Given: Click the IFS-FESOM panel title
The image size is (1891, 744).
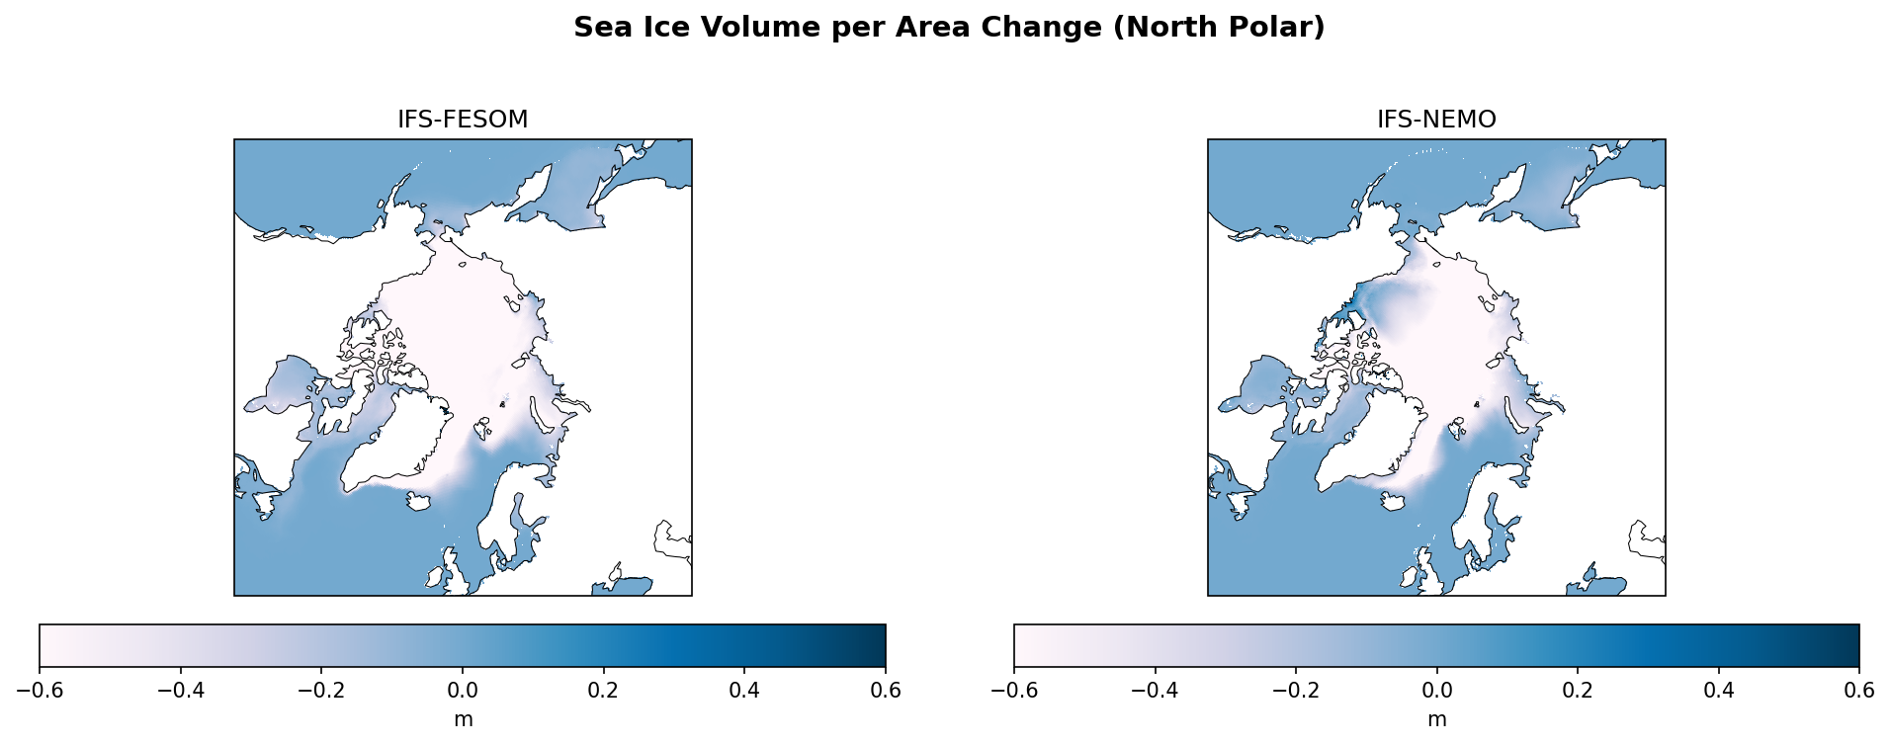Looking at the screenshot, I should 463,120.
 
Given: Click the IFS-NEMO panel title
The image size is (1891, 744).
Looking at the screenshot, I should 1436,120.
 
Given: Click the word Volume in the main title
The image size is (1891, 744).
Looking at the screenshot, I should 762,28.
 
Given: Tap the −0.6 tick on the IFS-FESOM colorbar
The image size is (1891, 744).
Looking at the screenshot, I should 40,690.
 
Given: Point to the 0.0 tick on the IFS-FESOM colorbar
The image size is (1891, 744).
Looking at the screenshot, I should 463,690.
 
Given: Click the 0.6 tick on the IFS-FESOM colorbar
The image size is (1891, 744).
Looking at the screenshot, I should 886,690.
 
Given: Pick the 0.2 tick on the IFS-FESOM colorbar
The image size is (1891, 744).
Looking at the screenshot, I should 604,690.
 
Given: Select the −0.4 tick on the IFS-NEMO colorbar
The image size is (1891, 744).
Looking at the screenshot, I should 1155,690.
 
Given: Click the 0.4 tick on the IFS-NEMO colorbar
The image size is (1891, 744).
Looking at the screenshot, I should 1719,690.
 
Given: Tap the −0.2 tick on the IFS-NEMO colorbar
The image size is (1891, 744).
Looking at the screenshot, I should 1296,690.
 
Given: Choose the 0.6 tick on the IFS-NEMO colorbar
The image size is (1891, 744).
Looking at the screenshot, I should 1859,690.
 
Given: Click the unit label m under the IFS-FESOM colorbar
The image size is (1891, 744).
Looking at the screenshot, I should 463,719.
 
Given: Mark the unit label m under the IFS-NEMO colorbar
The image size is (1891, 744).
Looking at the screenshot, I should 1436,719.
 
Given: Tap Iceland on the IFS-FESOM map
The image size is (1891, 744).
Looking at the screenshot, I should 419,502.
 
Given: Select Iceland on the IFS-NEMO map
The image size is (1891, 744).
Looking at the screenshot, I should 1392,502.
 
